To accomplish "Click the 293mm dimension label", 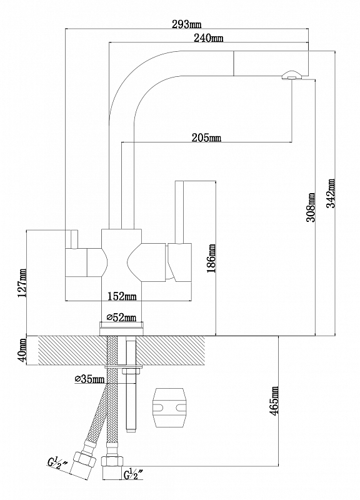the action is tap(186, 24).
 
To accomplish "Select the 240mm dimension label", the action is tap(208, 38).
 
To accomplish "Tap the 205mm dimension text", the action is tap(206, 137).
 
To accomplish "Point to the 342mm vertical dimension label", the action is tap(332, 193).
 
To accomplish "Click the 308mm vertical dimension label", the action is tap(311, 207).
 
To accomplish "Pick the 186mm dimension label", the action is tap(211, 258).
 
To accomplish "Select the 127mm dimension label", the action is tap(22, 283).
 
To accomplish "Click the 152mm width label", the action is tap(121, 296).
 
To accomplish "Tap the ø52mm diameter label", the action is tap(121, 317).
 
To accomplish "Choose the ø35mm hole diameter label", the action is tap(89, 379).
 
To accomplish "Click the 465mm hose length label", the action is tap(274, 400).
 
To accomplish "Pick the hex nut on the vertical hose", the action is tap(112, 461).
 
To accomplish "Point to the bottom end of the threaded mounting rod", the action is tap(130, 430).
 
